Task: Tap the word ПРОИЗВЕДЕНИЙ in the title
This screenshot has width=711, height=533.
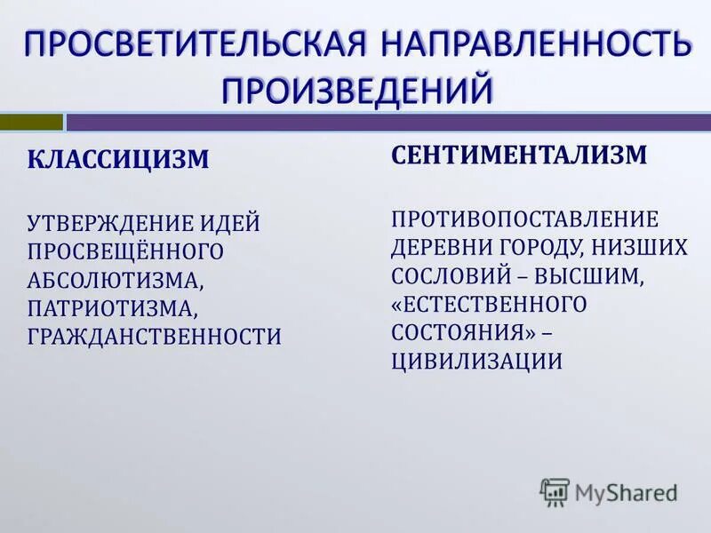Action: click(356, 89)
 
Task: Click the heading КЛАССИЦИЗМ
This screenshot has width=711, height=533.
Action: click(119, 160)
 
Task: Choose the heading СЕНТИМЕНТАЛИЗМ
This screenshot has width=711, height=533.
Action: click(519, 155)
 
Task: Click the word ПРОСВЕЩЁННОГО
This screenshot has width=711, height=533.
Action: click(125, 251)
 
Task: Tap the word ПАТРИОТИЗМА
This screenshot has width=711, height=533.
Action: click(112, 307)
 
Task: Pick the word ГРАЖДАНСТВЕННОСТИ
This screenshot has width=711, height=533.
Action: click(155, 336)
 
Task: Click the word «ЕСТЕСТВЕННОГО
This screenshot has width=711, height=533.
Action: click(490, 304)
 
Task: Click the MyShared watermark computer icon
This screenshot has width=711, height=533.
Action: click(555, 491)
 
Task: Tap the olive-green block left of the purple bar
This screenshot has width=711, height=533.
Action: click(31, 122)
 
